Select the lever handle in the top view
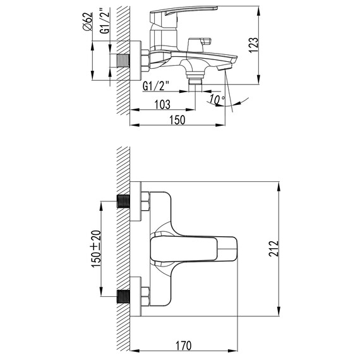point(193,249)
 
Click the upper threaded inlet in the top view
point(124,203)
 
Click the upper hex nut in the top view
point(145,203)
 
